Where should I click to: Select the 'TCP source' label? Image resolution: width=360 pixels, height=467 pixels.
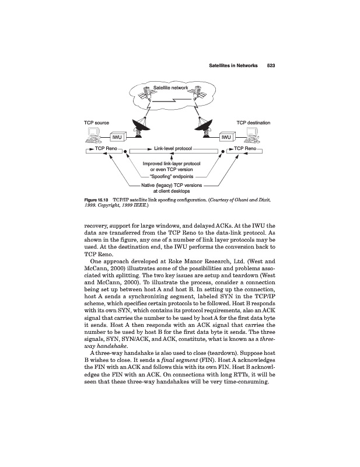pyautogui.click(x=97, y=123)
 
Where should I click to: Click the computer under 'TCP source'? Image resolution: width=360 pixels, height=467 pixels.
pyautogui.click(x=93, y=137)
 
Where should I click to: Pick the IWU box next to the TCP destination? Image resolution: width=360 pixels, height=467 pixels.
pyautogui.click(x=228, y=137)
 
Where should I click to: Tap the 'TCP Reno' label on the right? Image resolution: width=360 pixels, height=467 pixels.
pyautogui.click(x=242, y=149)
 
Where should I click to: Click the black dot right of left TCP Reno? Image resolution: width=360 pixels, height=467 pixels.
pyautogui.click(x=125, y=150)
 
